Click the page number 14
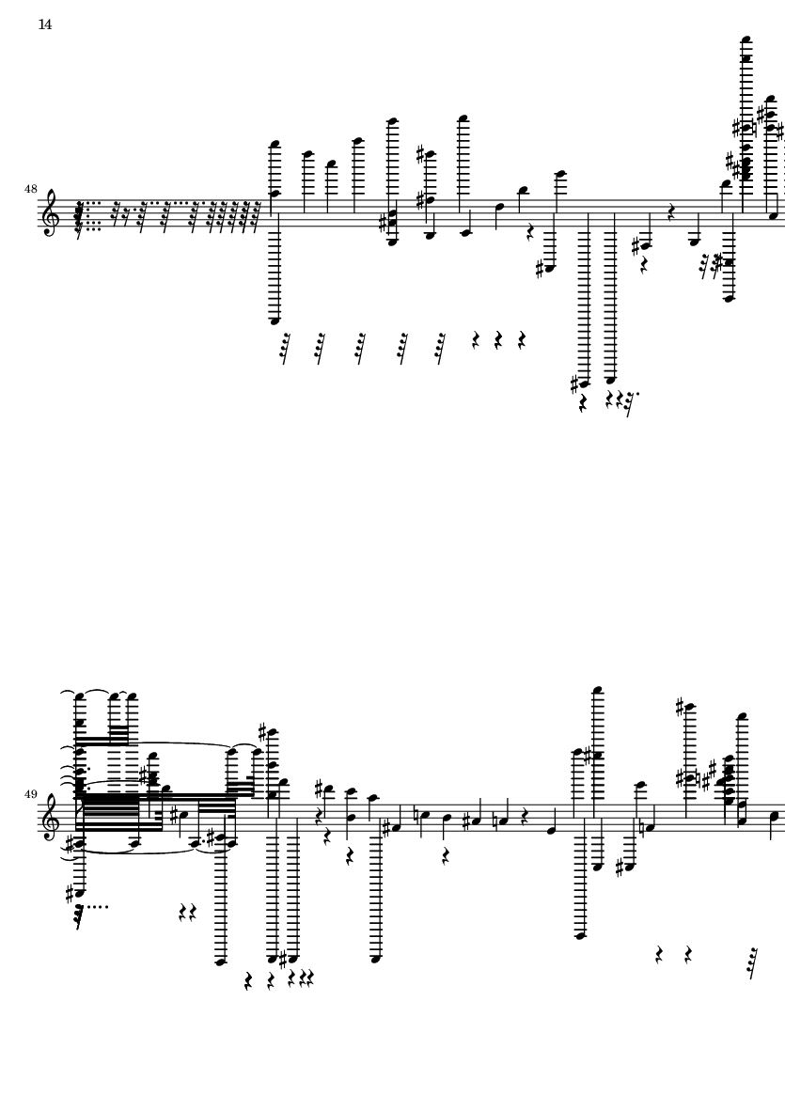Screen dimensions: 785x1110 click(44, 24)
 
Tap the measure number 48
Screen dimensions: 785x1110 click(30, 189)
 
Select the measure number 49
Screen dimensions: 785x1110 click(30, 794)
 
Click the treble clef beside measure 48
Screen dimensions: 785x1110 click(51, 211)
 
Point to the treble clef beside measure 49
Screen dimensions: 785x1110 click(51, 817)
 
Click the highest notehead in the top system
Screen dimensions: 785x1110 click(746, 40)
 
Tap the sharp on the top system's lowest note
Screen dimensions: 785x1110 click(574, 384)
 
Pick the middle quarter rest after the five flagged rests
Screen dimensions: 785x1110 click(498, 340)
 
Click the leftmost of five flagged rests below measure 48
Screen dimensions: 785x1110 click(285, 348)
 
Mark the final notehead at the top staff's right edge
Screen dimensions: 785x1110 click(773, 215)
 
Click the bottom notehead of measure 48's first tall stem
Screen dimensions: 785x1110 click(275, 321)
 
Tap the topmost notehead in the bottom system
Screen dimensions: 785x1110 click(599, 690)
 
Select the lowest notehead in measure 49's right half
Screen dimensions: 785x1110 click(581, 936)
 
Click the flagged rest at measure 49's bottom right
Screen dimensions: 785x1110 click(752, 963)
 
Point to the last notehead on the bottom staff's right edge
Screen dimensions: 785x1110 click(774, 816)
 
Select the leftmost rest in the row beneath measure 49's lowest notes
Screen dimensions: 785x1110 click(248, 981)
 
